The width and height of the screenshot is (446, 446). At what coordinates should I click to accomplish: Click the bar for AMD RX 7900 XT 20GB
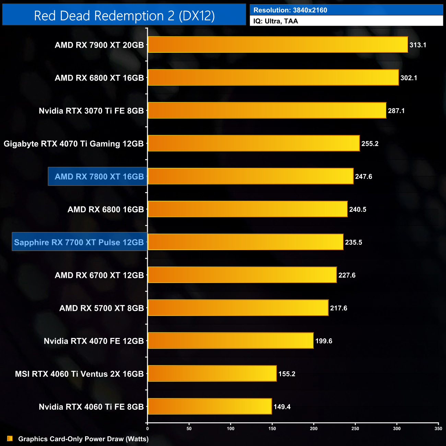coord(278,45)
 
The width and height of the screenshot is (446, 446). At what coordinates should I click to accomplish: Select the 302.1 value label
coord(409,78)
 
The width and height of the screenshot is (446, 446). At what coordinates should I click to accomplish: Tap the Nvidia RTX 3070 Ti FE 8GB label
coord(91,111)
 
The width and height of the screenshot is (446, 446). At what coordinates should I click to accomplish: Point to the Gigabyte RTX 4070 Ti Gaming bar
coord(254,143)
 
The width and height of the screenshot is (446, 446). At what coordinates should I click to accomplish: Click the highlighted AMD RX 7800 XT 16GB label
coord(99,177)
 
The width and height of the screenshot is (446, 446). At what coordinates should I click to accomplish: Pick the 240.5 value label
coord(357,210)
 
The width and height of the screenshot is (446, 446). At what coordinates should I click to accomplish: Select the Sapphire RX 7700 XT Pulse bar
coord(245,242)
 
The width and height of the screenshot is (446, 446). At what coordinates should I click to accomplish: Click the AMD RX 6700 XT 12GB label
coord(99,275)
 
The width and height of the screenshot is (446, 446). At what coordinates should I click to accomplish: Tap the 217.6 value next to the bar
coord(339,308)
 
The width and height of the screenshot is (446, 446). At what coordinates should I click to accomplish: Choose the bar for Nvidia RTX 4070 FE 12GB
coord(231,341)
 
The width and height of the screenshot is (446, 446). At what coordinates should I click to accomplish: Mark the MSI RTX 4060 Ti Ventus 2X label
coord(79,374)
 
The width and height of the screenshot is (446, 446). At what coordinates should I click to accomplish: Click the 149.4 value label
coord(282,407)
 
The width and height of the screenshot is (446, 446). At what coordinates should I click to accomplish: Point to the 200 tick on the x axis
coord(314,429)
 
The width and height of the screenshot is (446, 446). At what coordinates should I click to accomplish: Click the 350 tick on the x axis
coord(438,429)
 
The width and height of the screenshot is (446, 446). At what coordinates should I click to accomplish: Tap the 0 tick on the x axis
coord(148,429)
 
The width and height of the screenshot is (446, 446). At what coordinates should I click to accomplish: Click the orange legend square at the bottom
coord(10,439)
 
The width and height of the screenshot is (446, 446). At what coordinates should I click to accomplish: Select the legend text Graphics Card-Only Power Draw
coord(83,439)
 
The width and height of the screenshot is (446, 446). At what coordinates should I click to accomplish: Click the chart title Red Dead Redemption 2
coord(124,16)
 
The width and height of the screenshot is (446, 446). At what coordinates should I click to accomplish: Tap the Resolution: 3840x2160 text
coord(290,10)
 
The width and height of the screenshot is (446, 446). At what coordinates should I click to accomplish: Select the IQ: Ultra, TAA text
coord(275,21)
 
